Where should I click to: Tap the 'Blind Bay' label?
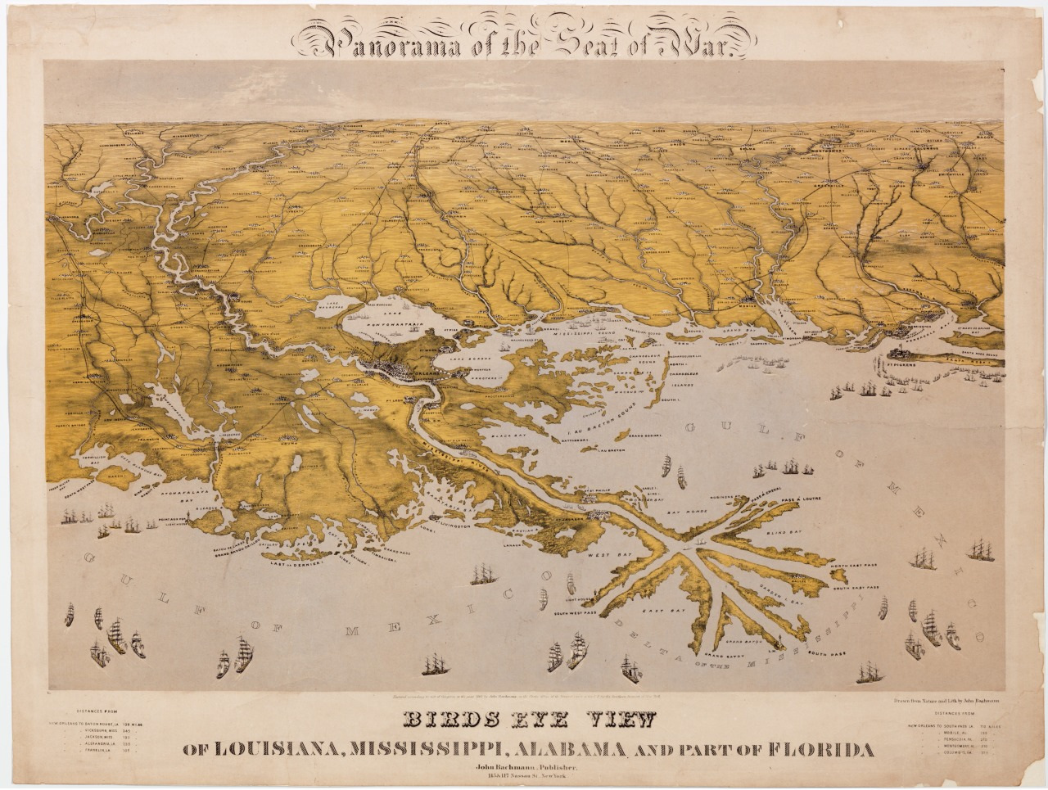(787, 531)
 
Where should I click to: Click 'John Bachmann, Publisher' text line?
(524, 767)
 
